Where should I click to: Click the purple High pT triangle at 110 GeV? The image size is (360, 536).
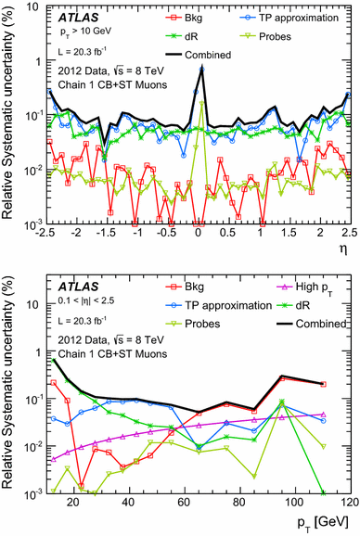click(322, 415)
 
